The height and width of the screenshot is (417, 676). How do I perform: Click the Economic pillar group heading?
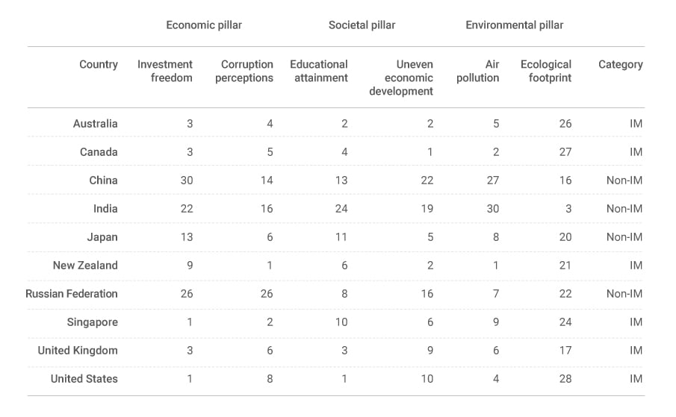click(204, 25)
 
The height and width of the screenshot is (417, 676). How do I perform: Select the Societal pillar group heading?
click(362, 25)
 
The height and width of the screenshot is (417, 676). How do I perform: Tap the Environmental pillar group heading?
click(514, 25)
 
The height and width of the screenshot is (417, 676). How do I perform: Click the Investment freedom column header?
click(165, 71)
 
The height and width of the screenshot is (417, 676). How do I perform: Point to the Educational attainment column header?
click(319, 71)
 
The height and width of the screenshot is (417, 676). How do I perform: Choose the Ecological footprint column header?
click(546, 71)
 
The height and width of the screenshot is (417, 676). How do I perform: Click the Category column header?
click(620, 65)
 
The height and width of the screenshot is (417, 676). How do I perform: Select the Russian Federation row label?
click(72, 294)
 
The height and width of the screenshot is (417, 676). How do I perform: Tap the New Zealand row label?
click(85, 266)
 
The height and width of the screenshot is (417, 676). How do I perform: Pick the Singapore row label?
click(92, 322)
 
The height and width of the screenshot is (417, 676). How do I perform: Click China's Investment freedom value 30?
click(186, 181)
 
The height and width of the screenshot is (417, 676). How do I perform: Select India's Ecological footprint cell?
click(568, 209)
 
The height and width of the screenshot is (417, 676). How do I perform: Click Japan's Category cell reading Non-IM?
click(624, 237)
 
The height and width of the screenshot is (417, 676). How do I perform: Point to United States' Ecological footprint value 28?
click(565, 379)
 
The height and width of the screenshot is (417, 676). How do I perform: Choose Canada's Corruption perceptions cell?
click(270, 152)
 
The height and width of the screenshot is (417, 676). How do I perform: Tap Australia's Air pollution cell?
click(496, 124)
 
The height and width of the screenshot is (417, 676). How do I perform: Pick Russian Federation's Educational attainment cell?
click(344, 294)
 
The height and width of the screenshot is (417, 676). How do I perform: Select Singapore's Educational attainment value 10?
click(341, 322)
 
